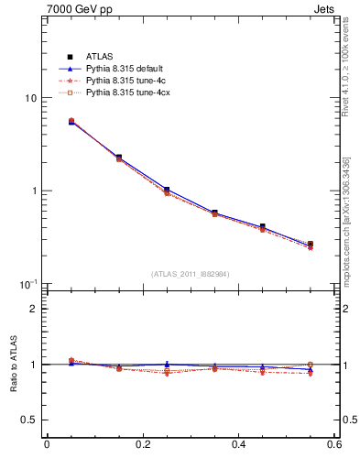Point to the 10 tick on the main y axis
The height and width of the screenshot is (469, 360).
click(30, 98)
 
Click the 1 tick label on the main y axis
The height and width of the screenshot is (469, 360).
click(33, 191)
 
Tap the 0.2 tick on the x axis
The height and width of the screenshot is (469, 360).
click(142, 446)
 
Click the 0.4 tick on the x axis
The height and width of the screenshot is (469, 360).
click(238, 446)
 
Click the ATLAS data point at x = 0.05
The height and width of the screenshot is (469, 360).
click(71, 121)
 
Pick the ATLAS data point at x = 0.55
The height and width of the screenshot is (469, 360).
click(311, 245)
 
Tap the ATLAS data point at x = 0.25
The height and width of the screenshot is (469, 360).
click(167, 190)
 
